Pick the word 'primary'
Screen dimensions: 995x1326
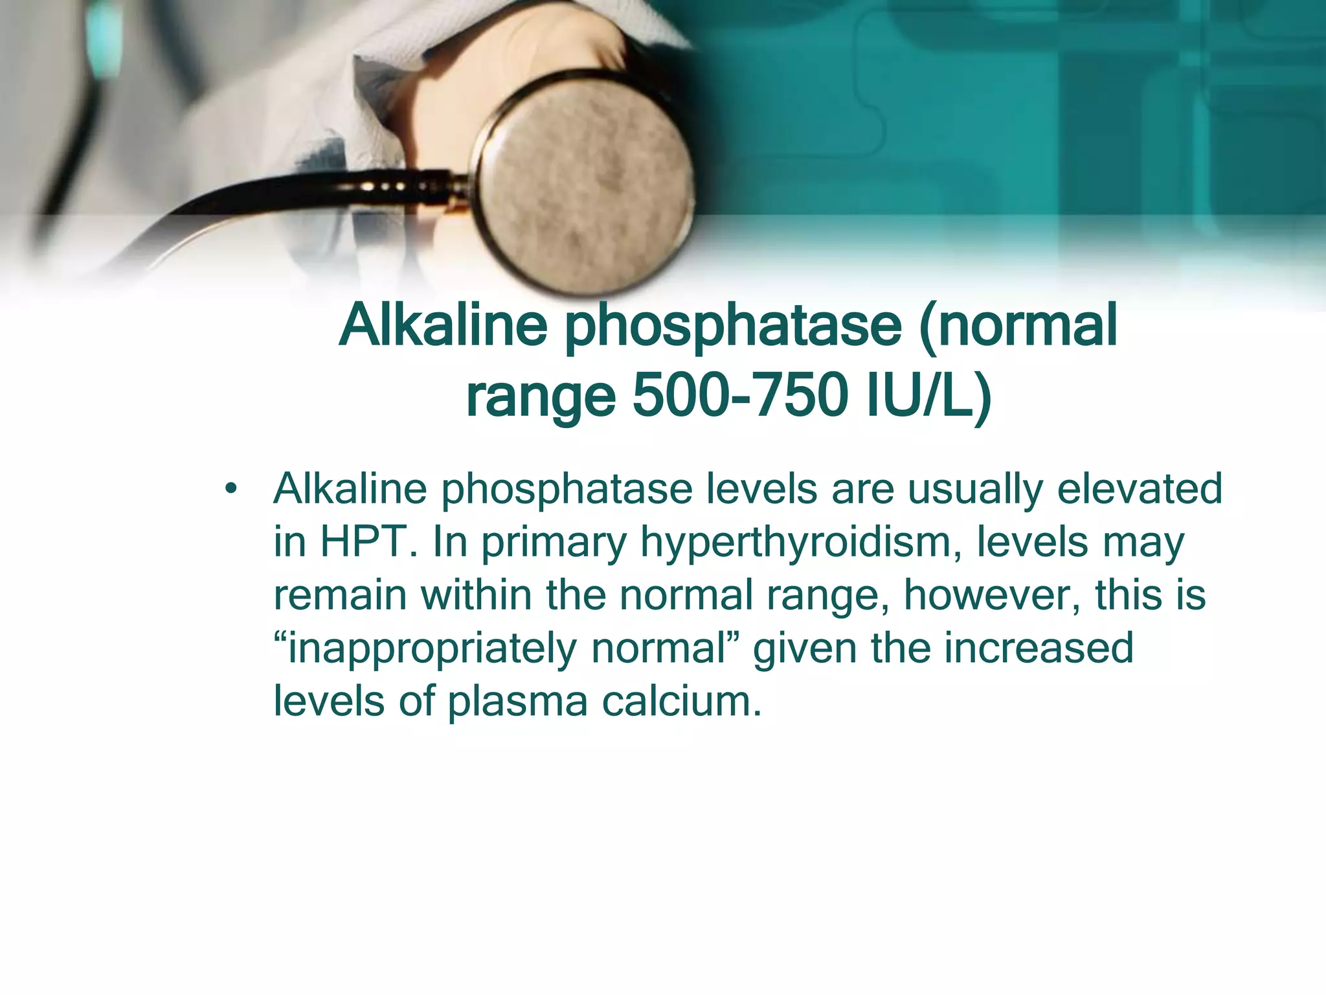(x=554, y=543)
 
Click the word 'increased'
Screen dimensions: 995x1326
(x=1039, y=647)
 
